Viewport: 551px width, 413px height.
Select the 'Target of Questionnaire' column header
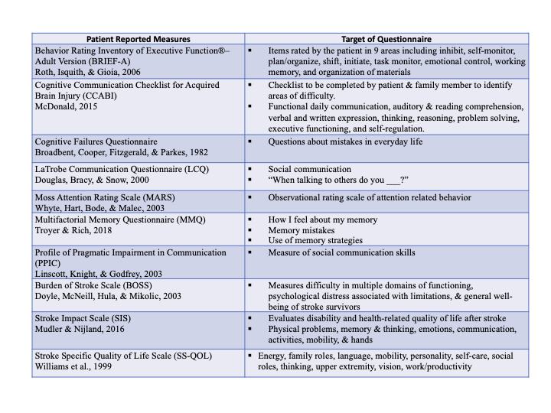click(387, 38)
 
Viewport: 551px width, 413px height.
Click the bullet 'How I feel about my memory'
click(323, 220)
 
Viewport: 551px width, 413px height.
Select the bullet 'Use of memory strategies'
click(315, 240)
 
